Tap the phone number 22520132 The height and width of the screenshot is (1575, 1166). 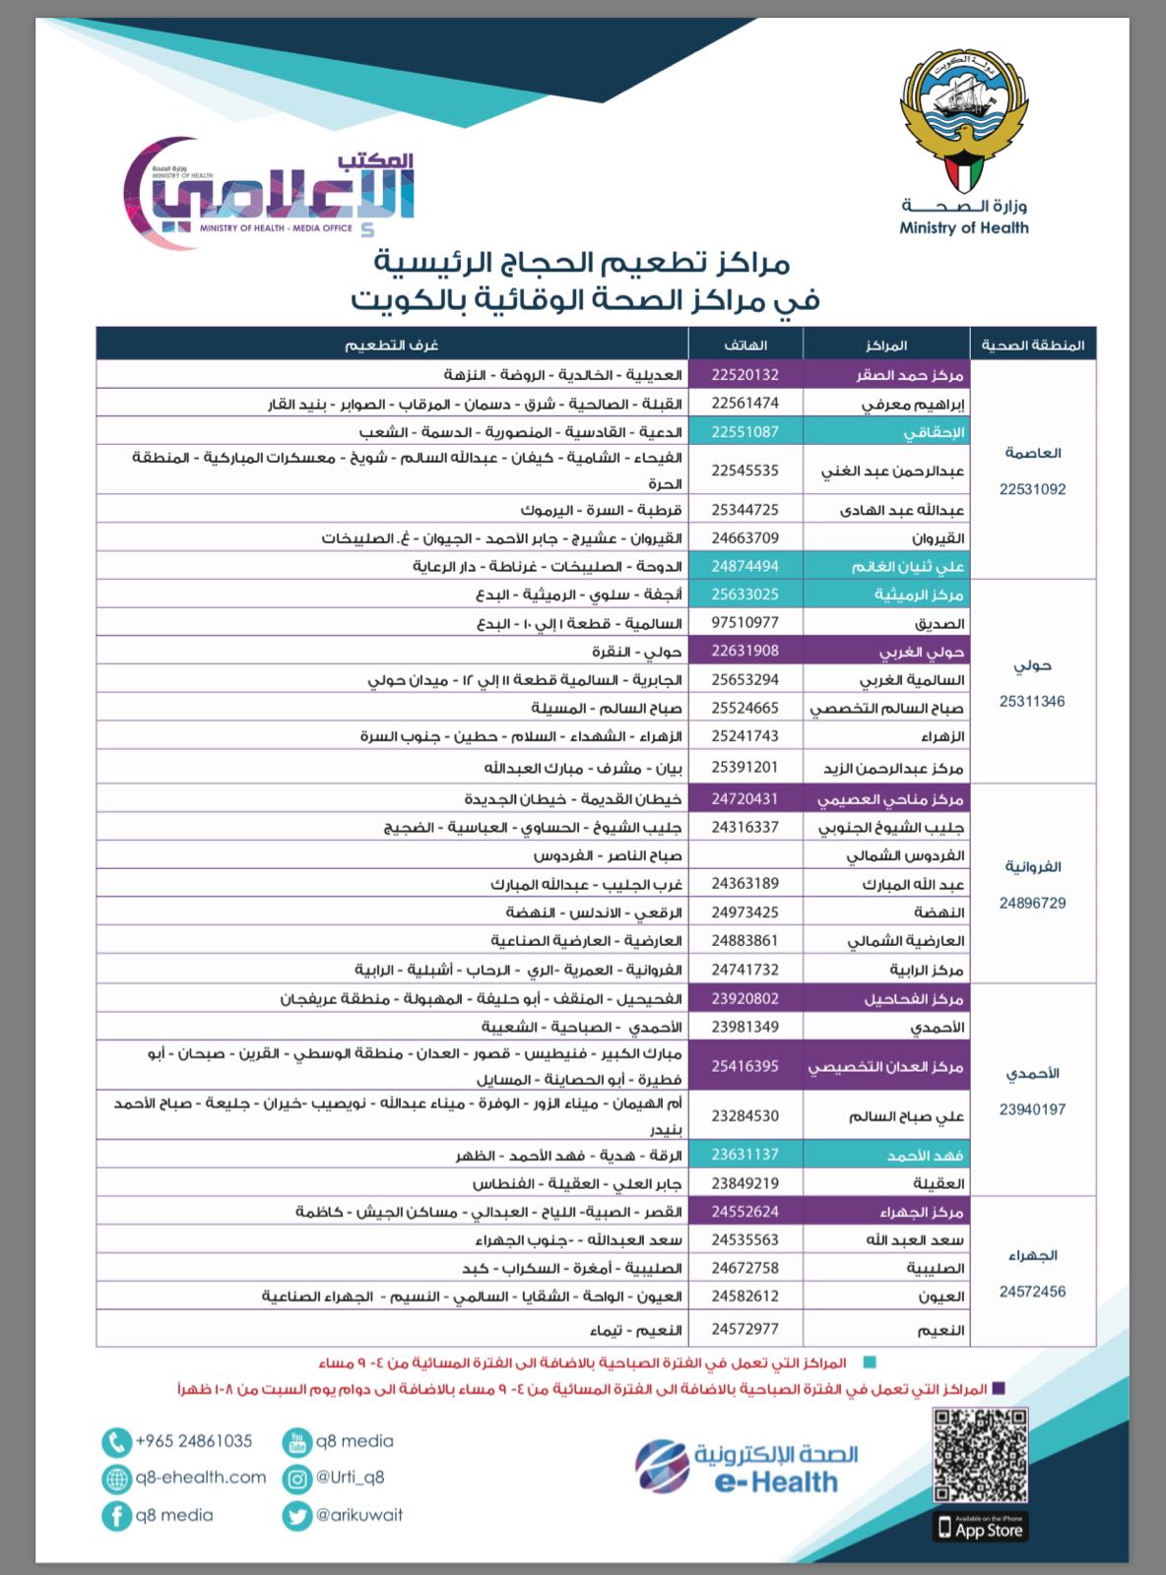tap(745, 375)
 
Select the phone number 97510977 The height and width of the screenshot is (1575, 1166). tap(745, 622)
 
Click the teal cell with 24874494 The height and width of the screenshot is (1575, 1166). tap(745, 566)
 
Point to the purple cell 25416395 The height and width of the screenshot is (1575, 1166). tap(745, 1066)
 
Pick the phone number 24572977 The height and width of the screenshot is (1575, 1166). tap(745, 1329)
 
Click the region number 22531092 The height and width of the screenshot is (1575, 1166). tap(1032, 489)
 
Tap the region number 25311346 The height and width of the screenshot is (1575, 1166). tap(1032, 702)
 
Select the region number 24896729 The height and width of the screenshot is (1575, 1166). tap(1032, 903)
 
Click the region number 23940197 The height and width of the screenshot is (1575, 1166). tap(1032, 1109)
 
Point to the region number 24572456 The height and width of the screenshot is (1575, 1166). tap(1032, 1291)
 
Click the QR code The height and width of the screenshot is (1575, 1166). tap(980, 1456)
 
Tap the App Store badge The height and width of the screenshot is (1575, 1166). tap(980, 1529)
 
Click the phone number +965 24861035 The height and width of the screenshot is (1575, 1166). tap(193, 1441)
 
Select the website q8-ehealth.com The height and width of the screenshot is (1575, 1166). tap(201, 1478)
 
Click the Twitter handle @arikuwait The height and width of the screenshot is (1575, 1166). tap(358, 1515)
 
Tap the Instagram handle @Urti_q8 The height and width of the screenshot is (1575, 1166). tap(350, 1478)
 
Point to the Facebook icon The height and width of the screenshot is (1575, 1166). tap(116, 1516)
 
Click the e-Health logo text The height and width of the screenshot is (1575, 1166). tap(776, 1481)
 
